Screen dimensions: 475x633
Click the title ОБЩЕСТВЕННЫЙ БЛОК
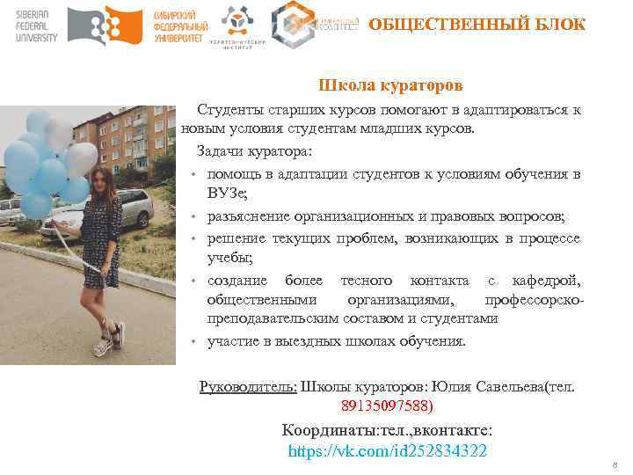[477, 24]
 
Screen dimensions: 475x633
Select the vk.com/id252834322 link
[388, 451]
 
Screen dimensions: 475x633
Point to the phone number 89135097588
[387, 406]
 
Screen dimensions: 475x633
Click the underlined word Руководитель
[248, 386]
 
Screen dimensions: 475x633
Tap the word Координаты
[325, 431]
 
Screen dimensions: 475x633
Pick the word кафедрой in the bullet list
[546, 280]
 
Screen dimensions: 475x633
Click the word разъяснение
[250, 216]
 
